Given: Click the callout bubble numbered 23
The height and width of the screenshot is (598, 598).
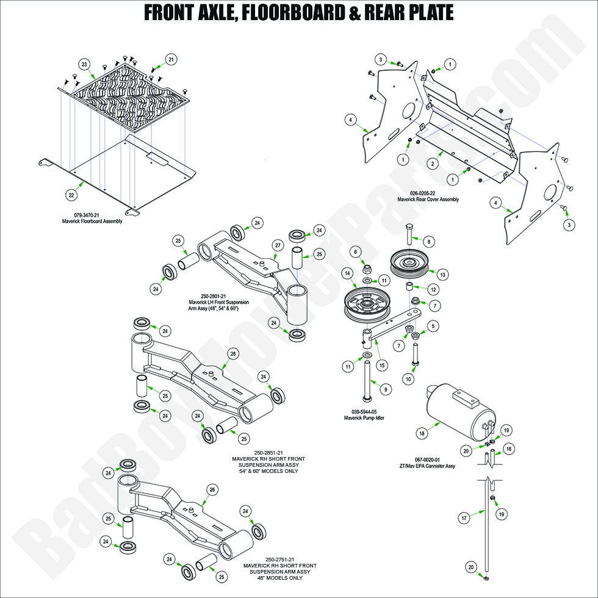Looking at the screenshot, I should (84, 64).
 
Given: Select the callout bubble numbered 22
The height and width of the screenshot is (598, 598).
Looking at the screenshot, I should (71, 195).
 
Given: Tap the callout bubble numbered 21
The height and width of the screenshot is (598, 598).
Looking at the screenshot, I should (171, 59).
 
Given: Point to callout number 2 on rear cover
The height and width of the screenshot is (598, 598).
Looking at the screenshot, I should (431, 164).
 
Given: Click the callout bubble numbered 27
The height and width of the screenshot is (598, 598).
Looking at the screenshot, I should (277, 245).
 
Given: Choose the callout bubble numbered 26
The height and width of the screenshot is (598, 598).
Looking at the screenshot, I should (212, 489).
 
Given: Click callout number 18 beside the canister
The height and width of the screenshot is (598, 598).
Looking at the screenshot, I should (421, 433).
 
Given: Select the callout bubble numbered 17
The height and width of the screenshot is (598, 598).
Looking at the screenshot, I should (464, 517).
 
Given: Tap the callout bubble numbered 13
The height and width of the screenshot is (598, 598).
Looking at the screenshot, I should (443, 274).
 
